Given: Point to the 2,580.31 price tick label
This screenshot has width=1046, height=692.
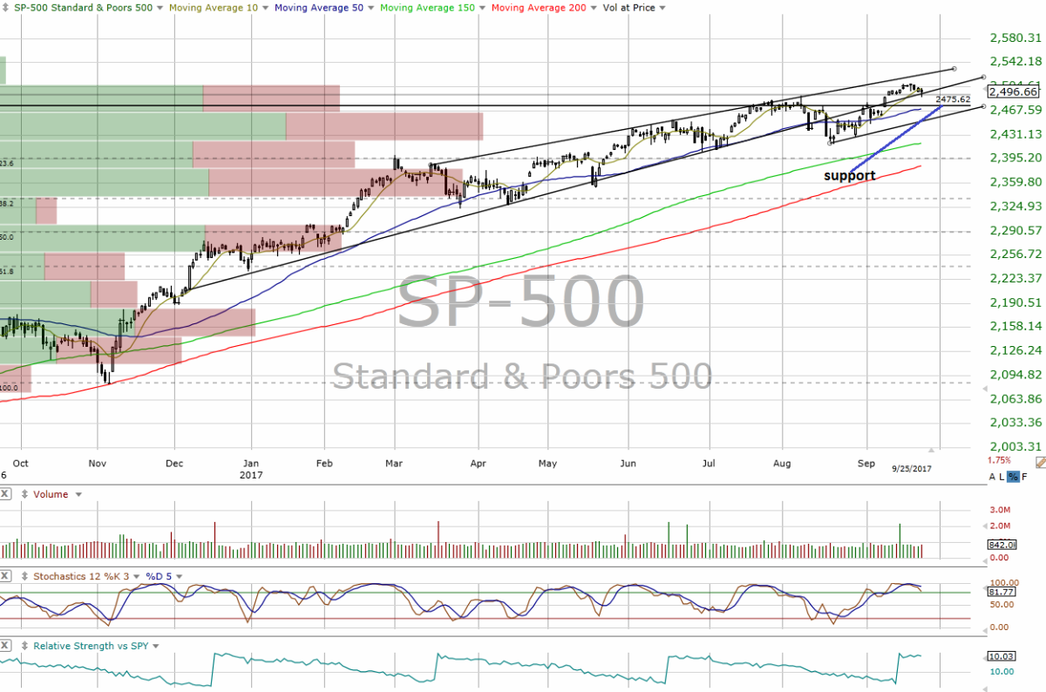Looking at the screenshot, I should coord(1016,37).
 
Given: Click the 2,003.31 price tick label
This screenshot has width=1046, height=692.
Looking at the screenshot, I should coord(1016,446).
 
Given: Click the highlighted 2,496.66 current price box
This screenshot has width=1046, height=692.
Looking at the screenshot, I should coord(1013,92).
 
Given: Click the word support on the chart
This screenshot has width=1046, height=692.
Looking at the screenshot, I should coord(850,176).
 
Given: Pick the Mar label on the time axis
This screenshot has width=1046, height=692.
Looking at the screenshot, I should coord(394,463).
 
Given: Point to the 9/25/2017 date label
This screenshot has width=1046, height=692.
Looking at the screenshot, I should coord(912,469).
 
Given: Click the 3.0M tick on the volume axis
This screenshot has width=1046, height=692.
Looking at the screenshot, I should coord(999,509).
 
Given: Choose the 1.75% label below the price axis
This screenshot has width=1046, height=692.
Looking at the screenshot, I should coord(999,460).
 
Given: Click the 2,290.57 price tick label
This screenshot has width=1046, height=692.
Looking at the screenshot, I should coord(1016,230).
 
